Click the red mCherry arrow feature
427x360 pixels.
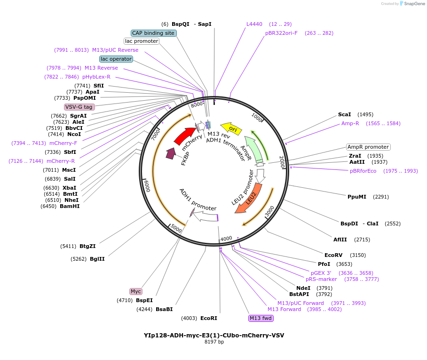[184, 136]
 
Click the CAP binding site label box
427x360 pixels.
[153, 33]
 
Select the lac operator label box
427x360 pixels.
[116, 59]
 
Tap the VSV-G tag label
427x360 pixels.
[79, 107]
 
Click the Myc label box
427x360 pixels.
[136, 291]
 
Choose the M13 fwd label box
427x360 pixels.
[261, 318]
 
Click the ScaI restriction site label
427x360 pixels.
[344, 114]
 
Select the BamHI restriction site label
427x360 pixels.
[70, 206]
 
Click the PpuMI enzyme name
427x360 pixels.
[356, 197]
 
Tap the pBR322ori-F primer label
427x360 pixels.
[281, 33]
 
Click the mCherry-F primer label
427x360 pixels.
[63, 143]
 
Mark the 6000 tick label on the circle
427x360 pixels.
[147, 185]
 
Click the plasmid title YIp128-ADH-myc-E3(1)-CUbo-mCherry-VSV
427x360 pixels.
[213, 335]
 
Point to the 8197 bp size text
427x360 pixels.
[214, 342]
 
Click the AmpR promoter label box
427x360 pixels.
[368, 147]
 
